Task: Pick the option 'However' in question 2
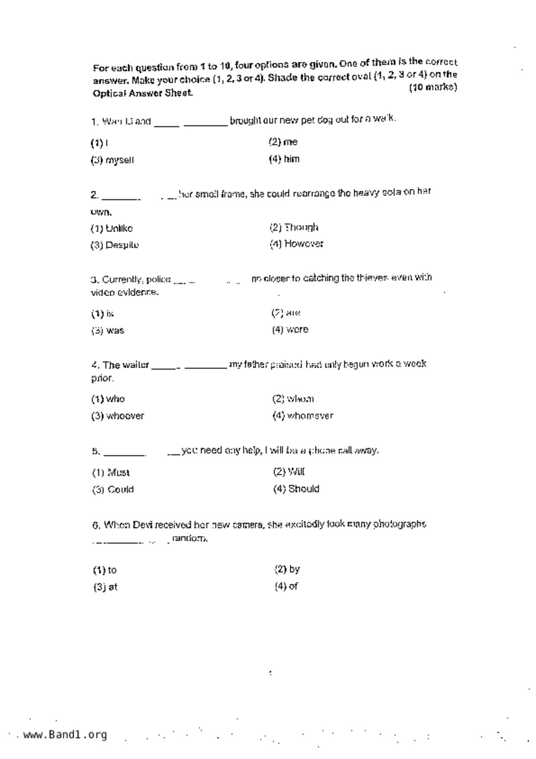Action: click(303, 244)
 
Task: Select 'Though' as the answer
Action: click(301, 227)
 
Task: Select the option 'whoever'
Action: click(125, 416)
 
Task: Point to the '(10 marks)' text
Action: click(433, 87)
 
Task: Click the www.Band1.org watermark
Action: click(65, 735)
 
